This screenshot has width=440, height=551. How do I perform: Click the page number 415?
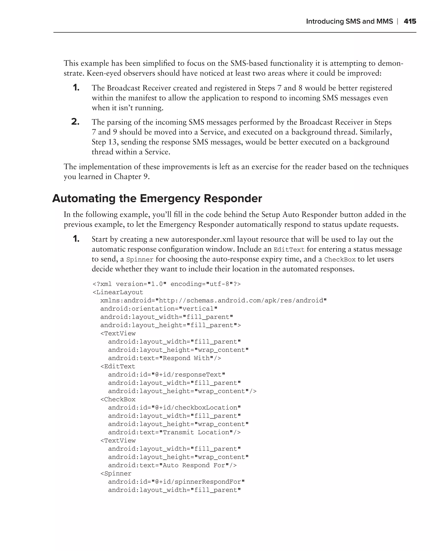tap(410, 22)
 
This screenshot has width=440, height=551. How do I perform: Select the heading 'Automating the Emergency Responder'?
tap(157, 199)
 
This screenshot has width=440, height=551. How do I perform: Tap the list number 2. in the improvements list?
tap(75, 122)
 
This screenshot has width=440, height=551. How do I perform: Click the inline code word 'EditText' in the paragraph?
tap(289, 250)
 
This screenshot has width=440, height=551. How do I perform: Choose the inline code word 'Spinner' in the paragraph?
tap(140, 260)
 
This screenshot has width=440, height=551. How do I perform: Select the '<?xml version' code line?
tap(167, 284)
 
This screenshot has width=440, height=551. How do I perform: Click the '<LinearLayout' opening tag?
tap(118, 292)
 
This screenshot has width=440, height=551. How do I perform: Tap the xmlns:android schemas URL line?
tap(213, 300)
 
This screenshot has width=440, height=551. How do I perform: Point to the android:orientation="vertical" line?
tap(159, 309)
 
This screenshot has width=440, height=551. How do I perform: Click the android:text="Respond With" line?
tap(165, 358)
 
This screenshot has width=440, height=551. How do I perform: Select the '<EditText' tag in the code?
tap(118, 367)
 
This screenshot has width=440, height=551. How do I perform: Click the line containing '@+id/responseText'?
tap(167, 375)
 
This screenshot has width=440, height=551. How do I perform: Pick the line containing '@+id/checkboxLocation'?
tap(174, 408)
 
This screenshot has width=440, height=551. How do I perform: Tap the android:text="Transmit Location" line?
tap(174, 432)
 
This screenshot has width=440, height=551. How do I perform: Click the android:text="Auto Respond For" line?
tap(172, 465)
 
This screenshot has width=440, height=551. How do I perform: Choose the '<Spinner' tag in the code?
tap(116, 474)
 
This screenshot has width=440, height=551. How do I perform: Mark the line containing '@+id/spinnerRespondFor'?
tap(176, 482)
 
